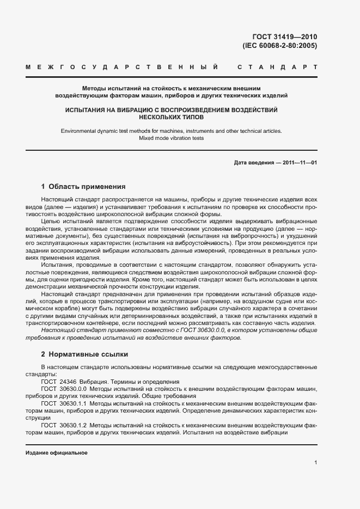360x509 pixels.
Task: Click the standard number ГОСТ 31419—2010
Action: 285,37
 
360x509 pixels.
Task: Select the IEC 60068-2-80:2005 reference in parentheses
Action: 279,46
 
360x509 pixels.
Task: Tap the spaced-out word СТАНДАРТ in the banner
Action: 277,68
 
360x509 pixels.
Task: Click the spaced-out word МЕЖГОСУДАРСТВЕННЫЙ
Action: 123,68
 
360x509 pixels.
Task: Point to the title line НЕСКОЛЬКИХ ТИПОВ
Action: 171,117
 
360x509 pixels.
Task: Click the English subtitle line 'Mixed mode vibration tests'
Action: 171,138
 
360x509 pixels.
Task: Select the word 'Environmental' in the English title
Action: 78,131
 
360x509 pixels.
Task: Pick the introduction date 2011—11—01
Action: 300,163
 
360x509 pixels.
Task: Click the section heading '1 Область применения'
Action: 83,186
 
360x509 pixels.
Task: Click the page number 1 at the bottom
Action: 315,463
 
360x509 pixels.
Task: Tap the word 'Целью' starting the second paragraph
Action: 50,222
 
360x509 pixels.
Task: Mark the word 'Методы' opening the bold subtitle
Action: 93,88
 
